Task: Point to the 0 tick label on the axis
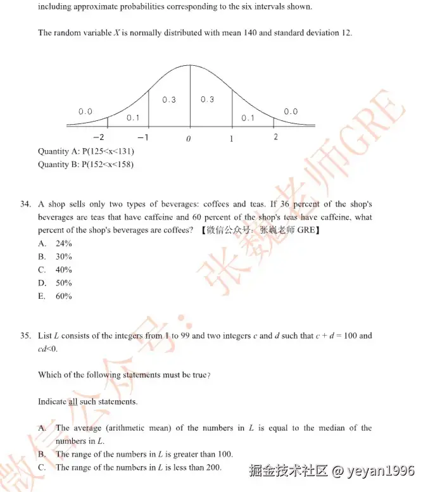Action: click(x=189, y=139)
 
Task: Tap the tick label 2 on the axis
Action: click(x=275, y=137)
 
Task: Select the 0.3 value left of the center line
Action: click(x=169, y=100)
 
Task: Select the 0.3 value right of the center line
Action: click(x=207, y=99)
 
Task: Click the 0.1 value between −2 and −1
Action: click(x=133, y=118)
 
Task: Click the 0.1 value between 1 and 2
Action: click(x=248, y=118)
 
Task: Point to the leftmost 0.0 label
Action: click(x=85, y=111)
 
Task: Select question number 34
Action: click(x=25, y=205)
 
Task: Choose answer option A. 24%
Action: click(x=55, y=244)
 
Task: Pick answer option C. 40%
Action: click(x=55, y=270)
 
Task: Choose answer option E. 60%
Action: click(x=55, y=296)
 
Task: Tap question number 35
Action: click(x=25, y=336)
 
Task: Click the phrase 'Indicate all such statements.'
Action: click(x=87, y=401)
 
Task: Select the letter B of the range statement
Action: click(x=42, y=455)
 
